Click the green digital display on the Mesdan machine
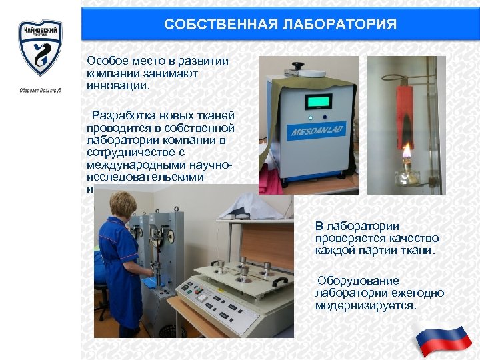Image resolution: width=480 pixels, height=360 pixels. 318,102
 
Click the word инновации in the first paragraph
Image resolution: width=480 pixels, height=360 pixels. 118,85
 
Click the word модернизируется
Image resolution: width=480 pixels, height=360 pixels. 365,305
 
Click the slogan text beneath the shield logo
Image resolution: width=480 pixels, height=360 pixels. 40,90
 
